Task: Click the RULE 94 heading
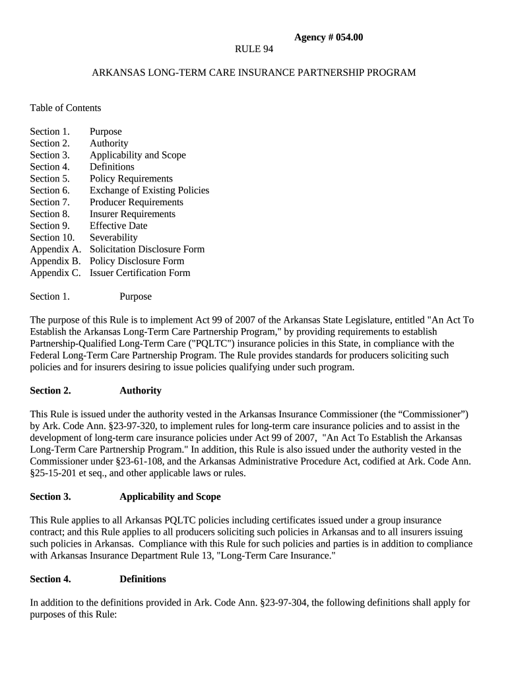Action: click(254, 49)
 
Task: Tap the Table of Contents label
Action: click(65, 108)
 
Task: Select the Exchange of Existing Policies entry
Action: click(149, 190)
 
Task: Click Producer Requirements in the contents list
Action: click(136, 202)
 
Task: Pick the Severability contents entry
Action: click(113, 237)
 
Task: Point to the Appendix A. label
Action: click(55, 249)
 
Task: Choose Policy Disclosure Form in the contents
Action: click(137, 261)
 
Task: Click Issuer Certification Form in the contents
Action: click(140, 273)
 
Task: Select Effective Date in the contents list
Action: click(118, 225)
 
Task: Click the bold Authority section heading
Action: click(140, 390)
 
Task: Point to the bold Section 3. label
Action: click(50, 496)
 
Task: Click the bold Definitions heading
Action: click(143, 579)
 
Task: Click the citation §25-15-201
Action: click(55, 473)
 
